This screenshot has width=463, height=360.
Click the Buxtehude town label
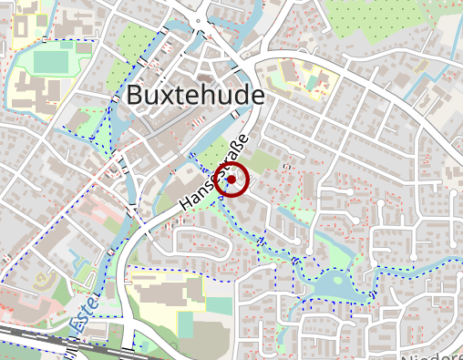pos(196,95)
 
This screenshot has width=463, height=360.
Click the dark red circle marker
pos(233,180)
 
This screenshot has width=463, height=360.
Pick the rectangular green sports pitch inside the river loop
pos(53,61)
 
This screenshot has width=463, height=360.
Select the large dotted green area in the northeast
pos(392,27)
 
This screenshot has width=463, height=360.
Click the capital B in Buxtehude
pos(136,96)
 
